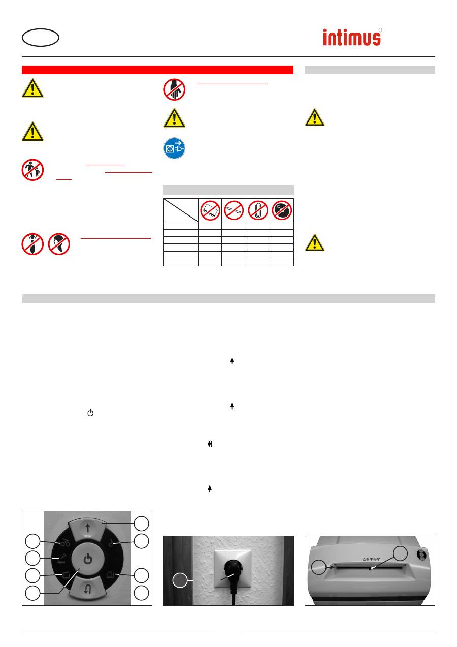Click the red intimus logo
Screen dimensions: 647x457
click(352, 37)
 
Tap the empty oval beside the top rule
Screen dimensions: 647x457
click(41, 38)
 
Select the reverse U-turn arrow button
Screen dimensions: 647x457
click(88, 590)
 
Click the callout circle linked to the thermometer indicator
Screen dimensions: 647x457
click(141, 541)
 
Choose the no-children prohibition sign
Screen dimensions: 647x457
click(32, 170)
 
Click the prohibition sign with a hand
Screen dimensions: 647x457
click(174, 90)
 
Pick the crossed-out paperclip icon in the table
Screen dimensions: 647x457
click(258, 209)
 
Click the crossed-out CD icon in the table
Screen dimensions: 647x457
click(282, 209)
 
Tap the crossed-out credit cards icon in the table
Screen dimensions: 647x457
click(210, 209)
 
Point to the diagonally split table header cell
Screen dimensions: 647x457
click(180, 209)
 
